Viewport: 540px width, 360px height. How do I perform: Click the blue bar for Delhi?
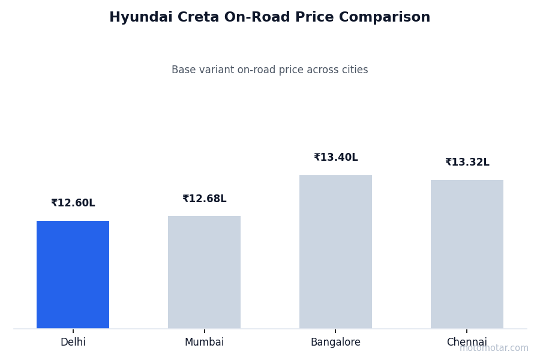click(x=73, y=274)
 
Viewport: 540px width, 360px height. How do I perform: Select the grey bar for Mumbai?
click(x=204, y=272)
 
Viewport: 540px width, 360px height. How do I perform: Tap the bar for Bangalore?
click(x=335, y=251)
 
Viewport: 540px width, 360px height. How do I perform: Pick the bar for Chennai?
click(x=467, y=254)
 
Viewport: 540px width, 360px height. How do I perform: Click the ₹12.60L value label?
click(x=73, y=203)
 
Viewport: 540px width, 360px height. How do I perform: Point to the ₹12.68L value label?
click(x=204, y=199)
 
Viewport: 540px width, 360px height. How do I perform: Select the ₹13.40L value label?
click(x=335, y=158)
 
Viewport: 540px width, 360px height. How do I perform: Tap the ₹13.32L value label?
click(x=467, y=163)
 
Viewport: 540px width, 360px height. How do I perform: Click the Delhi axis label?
click(x=73, y=343)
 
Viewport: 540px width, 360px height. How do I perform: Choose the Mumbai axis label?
click(x=204, y=343)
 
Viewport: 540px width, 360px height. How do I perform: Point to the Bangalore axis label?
click(x=335, y=343)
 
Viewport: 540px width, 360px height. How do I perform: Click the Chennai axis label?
click(x=467, y=343)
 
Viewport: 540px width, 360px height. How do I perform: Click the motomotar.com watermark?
click(x=494, y=348)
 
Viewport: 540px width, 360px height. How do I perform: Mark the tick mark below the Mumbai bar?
click(x=204, y=331)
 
